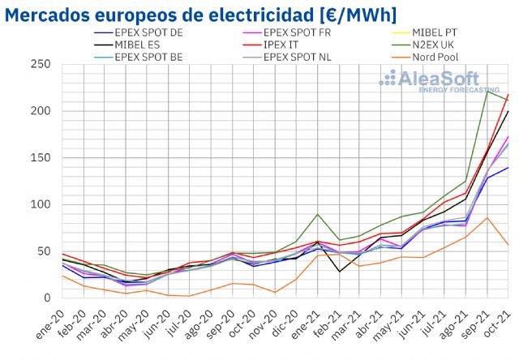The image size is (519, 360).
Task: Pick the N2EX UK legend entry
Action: point(437,45)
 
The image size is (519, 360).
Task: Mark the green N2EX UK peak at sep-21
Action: point(487,91)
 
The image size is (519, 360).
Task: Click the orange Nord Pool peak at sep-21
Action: point(487,217)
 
